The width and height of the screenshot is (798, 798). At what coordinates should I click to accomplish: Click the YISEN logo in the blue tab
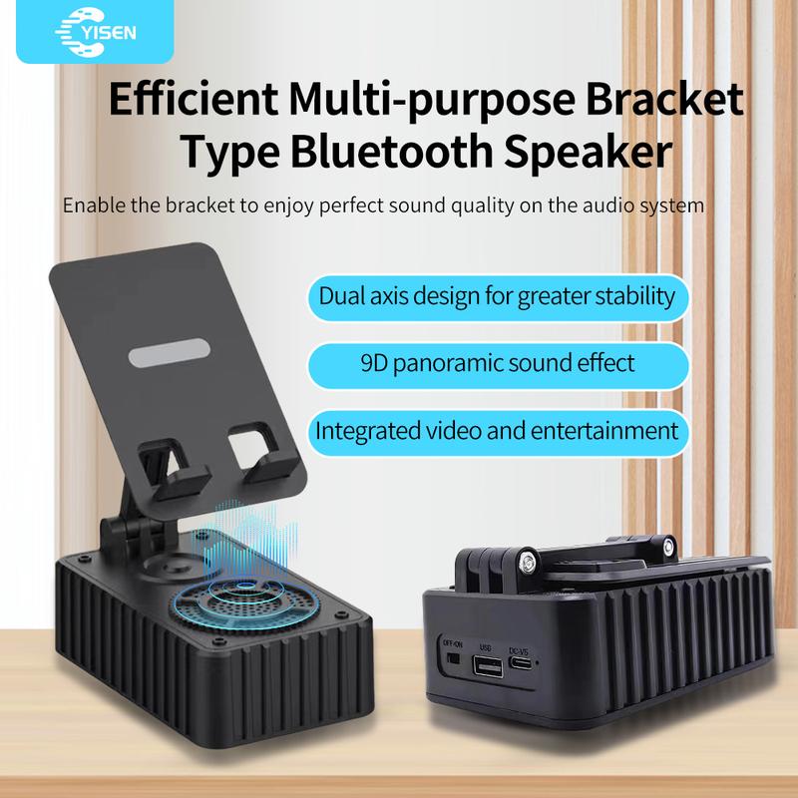point(95,32)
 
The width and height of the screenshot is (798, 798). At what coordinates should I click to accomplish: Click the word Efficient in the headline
point(194,98)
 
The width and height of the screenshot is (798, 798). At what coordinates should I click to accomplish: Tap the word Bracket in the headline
point(664,98)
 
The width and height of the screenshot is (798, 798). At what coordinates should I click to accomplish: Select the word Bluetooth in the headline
point(392,152)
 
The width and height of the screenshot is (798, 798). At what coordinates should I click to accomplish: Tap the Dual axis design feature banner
point(498,297)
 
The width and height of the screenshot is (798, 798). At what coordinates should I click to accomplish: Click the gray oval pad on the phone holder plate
point(170,352)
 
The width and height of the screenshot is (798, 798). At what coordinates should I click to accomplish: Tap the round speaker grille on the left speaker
point(244,604)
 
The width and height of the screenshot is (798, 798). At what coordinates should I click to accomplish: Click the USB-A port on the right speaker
point(488,666)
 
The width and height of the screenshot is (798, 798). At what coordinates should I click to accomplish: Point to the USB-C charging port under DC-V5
point(522,663)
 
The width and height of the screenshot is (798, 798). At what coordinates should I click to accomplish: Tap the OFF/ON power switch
point(453,658)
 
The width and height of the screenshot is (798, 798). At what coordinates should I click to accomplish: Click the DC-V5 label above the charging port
point(519,651)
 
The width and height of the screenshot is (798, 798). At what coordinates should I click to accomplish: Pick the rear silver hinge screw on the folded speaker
point(668,547)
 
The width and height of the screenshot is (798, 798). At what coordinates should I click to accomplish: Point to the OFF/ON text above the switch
point(453,644)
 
